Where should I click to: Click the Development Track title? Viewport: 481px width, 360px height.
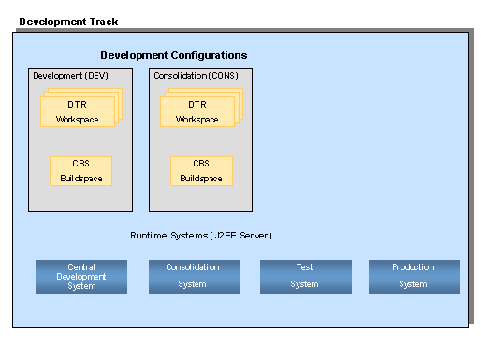pos(68,22)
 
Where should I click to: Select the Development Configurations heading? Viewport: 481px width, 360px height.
pos(174,55)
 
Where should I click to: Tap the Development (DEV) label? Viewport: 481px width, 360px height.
pos(70,76)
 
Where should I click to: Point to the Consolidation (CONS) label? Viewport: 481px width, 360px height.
pos(196,76)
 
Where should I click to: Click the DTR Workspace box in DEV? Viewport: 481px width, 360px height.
pos(78,111)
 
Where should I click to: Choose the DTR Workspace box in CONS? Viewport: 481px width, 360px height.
pos(197,111)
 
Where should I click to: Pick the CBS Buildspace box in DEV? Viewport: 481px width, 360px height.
pos(80,171)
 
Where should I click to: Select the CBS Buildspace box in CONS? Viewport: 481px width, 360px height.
pos(201,171)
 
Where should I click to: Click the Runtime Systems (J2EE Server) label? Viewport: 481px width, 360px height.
pos(201,236)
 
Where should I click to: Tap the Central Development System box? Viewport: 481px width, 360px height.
pos(81,277)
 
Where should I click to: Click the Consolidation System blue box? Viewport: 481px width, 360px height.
pos(194,277)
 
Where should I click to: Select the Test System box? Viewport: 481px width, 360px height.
pos(306,277)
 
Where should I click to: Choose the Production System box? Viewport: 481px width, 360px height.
pos(415,277)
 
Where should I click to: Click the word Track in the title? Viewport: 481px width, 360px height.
pos(104,22)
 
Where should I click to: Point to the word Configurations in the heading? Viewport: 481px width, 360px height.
pos(209,55)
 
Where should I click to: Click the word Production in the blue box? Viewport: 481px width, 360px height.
pos(414,267)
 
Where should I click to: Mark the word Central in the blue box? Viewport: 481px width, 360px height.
pos(81,267)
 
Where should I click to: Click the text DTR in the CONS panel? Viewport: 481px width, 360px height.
pos(197,105)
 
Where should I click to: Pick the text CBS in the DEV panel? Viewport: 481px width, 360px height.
pos(80,164)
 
